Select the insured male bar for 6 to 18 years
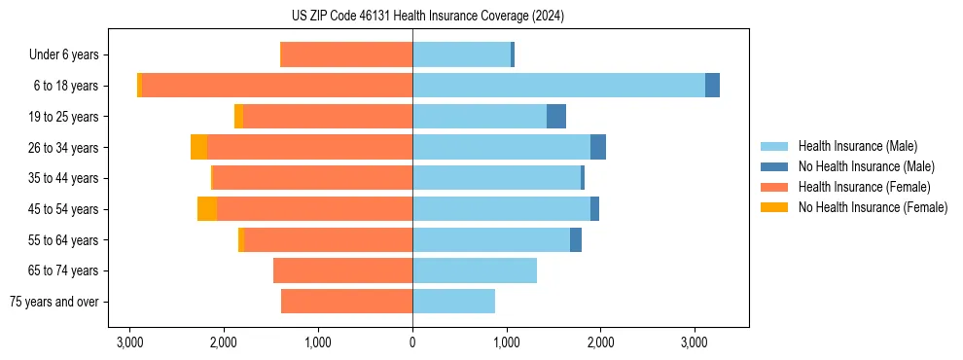coord(558,86)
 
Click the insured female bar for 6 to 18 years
coord(277,86)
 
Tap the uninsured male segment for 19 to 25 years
coord(556,117)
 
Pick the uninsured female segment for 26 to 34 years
coord(198,147)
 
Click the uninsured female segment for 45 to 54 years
coord(207,209)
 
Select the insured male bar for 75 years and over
coord(453,302)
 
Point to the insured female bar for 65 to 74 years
coord(342,270)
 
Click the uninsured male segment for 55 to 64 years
coord(576,239)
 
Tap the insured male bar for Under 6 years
coord(461,54)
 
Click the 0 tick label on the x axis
coord(412,343)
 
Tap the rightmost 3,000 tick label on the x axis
coord(694,343)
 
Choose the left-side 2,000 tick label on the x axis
coord(224,343)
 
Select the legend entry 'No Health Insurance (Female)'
coord(873,207)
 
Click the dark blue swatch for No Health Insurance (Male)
coord(775,166)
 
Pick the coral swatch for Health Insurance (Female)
coord(775,187)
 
